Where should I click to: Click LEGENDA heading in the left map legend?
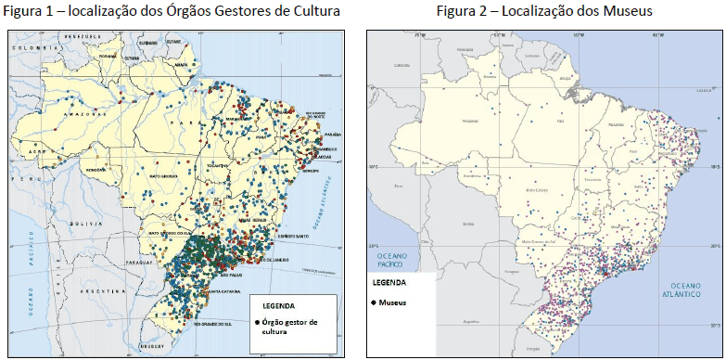point(280,305)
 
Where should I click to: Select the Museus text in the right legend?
point(394,302)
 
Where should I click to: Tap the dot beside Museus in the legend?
point(374,302)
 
